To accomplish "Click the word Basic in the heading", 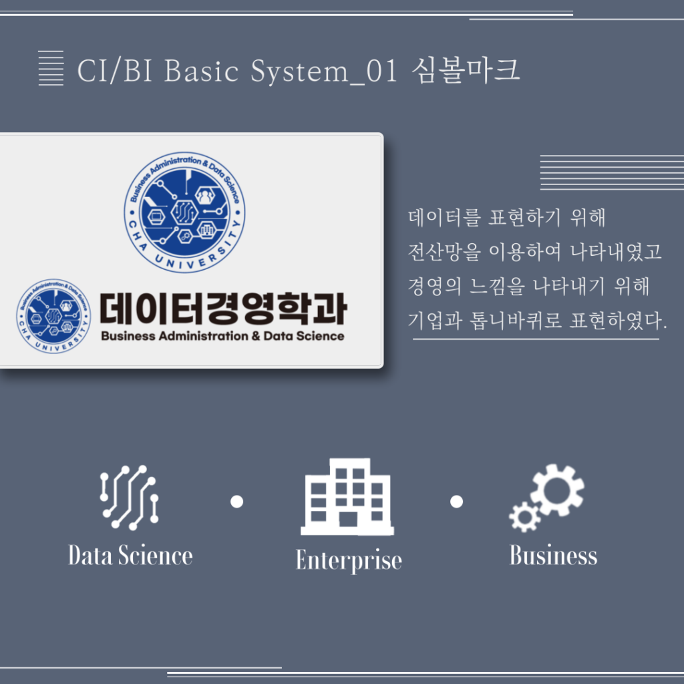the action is [202, 71].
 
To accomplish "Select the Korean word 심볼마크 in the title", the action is [466, 70].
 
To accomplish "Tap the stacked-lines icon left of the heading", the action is [51, 68].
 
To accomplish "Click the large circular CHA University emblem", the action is [184, 212].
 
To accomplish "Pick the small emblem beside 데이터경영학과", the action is [53, 316].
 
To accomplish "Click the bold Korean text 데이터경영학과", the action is [223, 309].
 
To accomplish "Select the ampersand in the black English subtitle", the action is [256, 336].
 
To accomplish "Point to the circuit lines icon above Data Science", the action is [129, 497].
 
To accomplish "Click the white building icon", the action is [347, 496].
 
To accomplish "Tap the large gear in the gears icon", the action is [557, 490].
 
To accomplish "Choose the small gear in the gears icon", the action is [525, 517].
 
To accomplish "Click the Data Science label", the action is [130, 555].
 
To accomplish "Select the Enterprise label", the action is [349, 560].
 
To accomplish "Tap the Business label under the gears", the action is [553, 555].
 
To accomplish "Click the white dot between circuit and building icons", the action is [237, 502].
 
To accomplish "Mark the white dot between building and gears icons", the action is [456, 502].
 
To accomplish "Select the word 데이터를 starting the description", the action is [444, 218].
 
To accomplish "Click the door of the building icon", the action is [348, 519].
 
